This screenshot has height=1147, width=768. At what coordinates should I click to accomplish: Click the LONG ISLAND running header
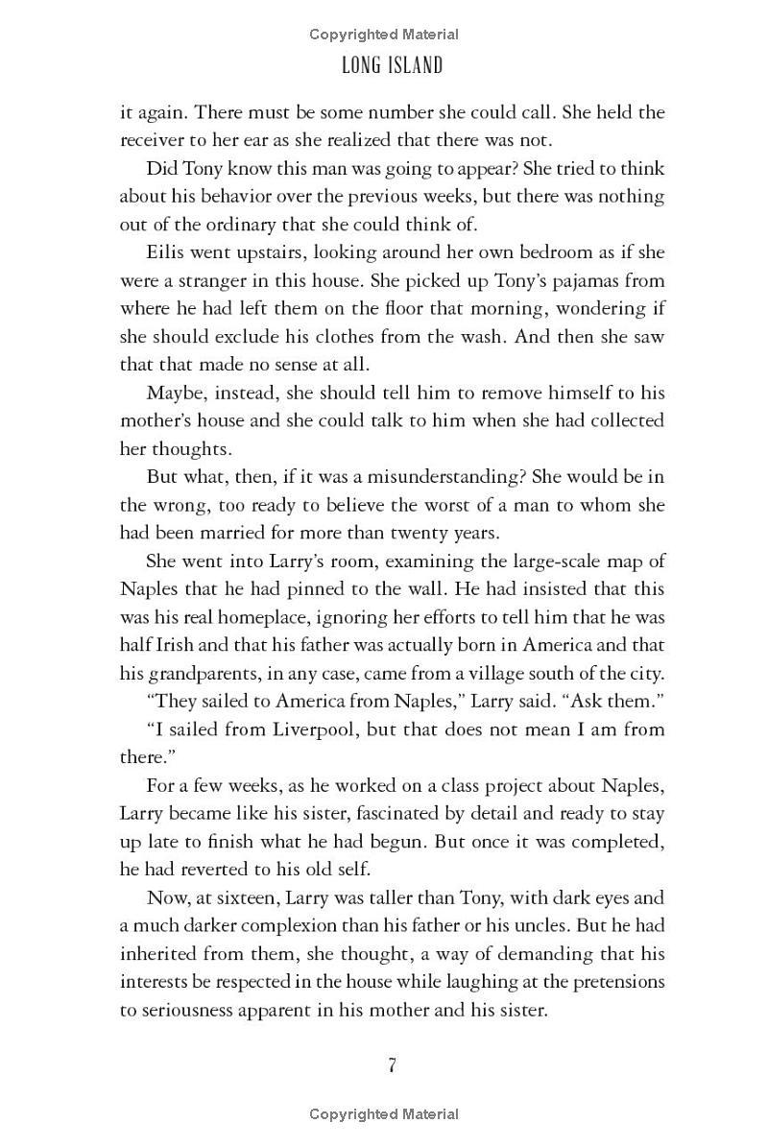pos(391,66)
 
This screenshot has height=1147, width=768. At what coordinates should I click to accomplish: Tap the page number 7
pos(392,1065)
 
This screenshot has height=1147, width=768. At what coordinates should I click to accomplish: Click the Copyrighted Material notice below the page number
pos(384,1114)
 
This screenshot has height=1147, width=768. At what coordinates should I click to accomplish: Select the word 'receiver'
pos(150,140)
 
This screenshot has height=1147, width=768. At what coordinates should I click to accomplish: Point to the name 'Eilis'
pos(166,252)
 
